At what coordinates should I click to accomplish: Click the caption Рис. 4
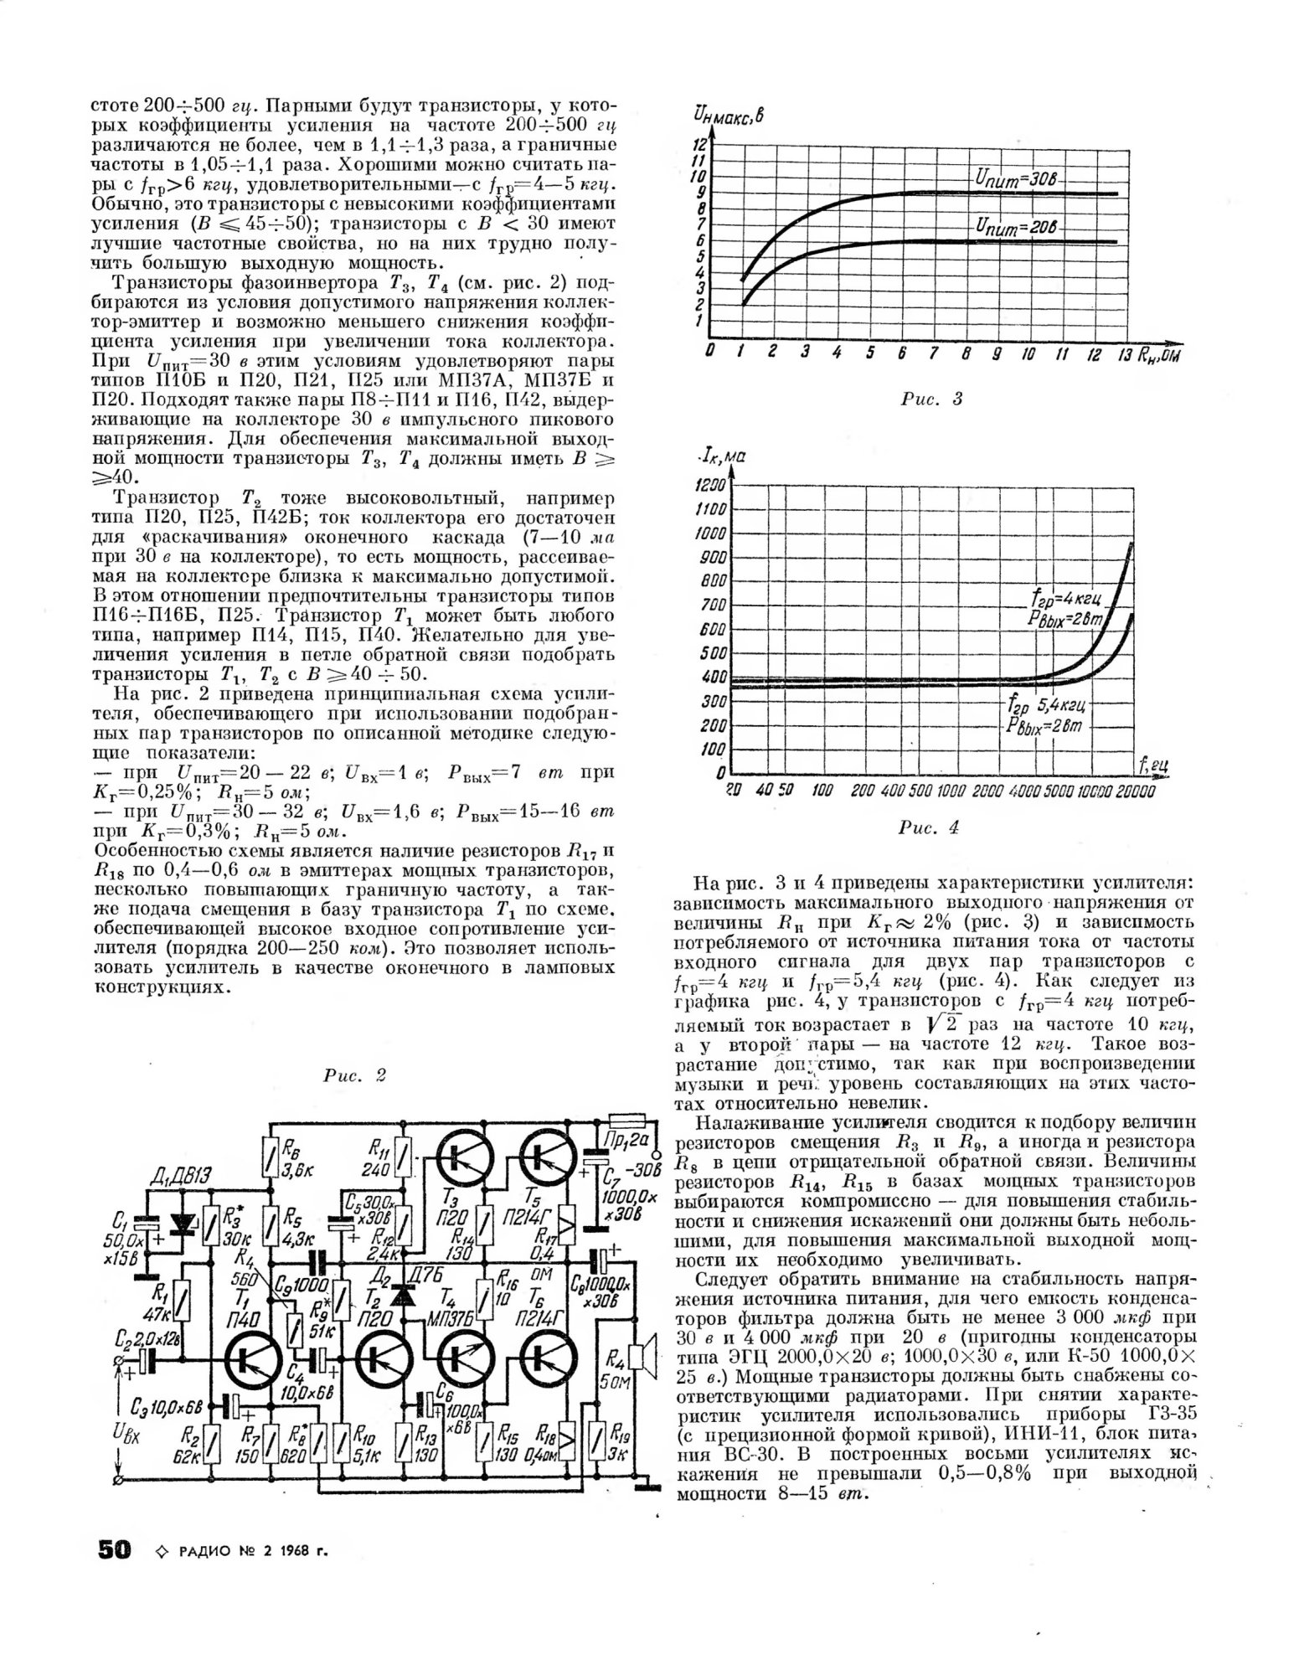tap(928, 828)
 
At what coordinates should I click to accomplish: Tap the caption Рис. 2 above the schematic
tap(354, 1076)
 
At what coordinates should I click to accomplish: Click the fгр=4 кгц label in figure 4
tap(1060, 599)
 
